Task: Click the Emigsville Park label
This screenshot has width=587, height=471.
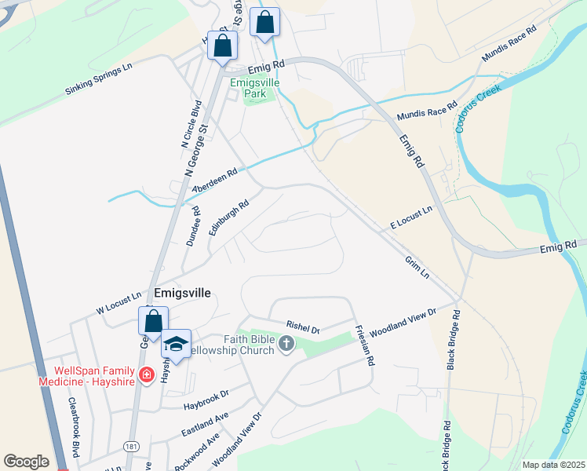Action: (x=250, y=87)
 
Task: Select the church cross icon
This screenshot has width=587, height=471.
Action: (x=286, y=343)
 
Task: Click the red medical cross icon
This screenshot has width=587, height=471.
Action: (x=145, y=375)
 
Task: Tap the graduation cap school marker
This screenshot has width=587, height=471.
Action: (x=177, y=344)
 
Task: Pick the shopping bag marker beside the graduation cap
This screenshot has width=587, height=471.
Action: (x=153, y=320)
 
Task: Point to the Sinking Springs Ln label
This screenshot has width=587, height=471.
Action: (x=98, y=81)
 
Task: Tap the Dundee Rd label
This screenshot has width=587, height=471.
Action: (x=193, y=226)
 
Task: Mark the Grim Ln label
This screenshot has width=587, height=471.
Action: (x=417, y=267)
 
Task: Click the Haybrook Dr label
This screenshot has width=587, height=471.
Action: (x=206, y=399)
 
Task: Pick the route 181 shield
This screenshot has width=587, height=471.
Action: (x=131, y=446)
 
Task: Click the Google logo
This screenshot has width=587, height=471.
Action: (x=26, y=462)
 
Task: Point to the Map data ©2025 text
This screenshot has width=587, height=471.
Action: (x=553, y=465)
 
